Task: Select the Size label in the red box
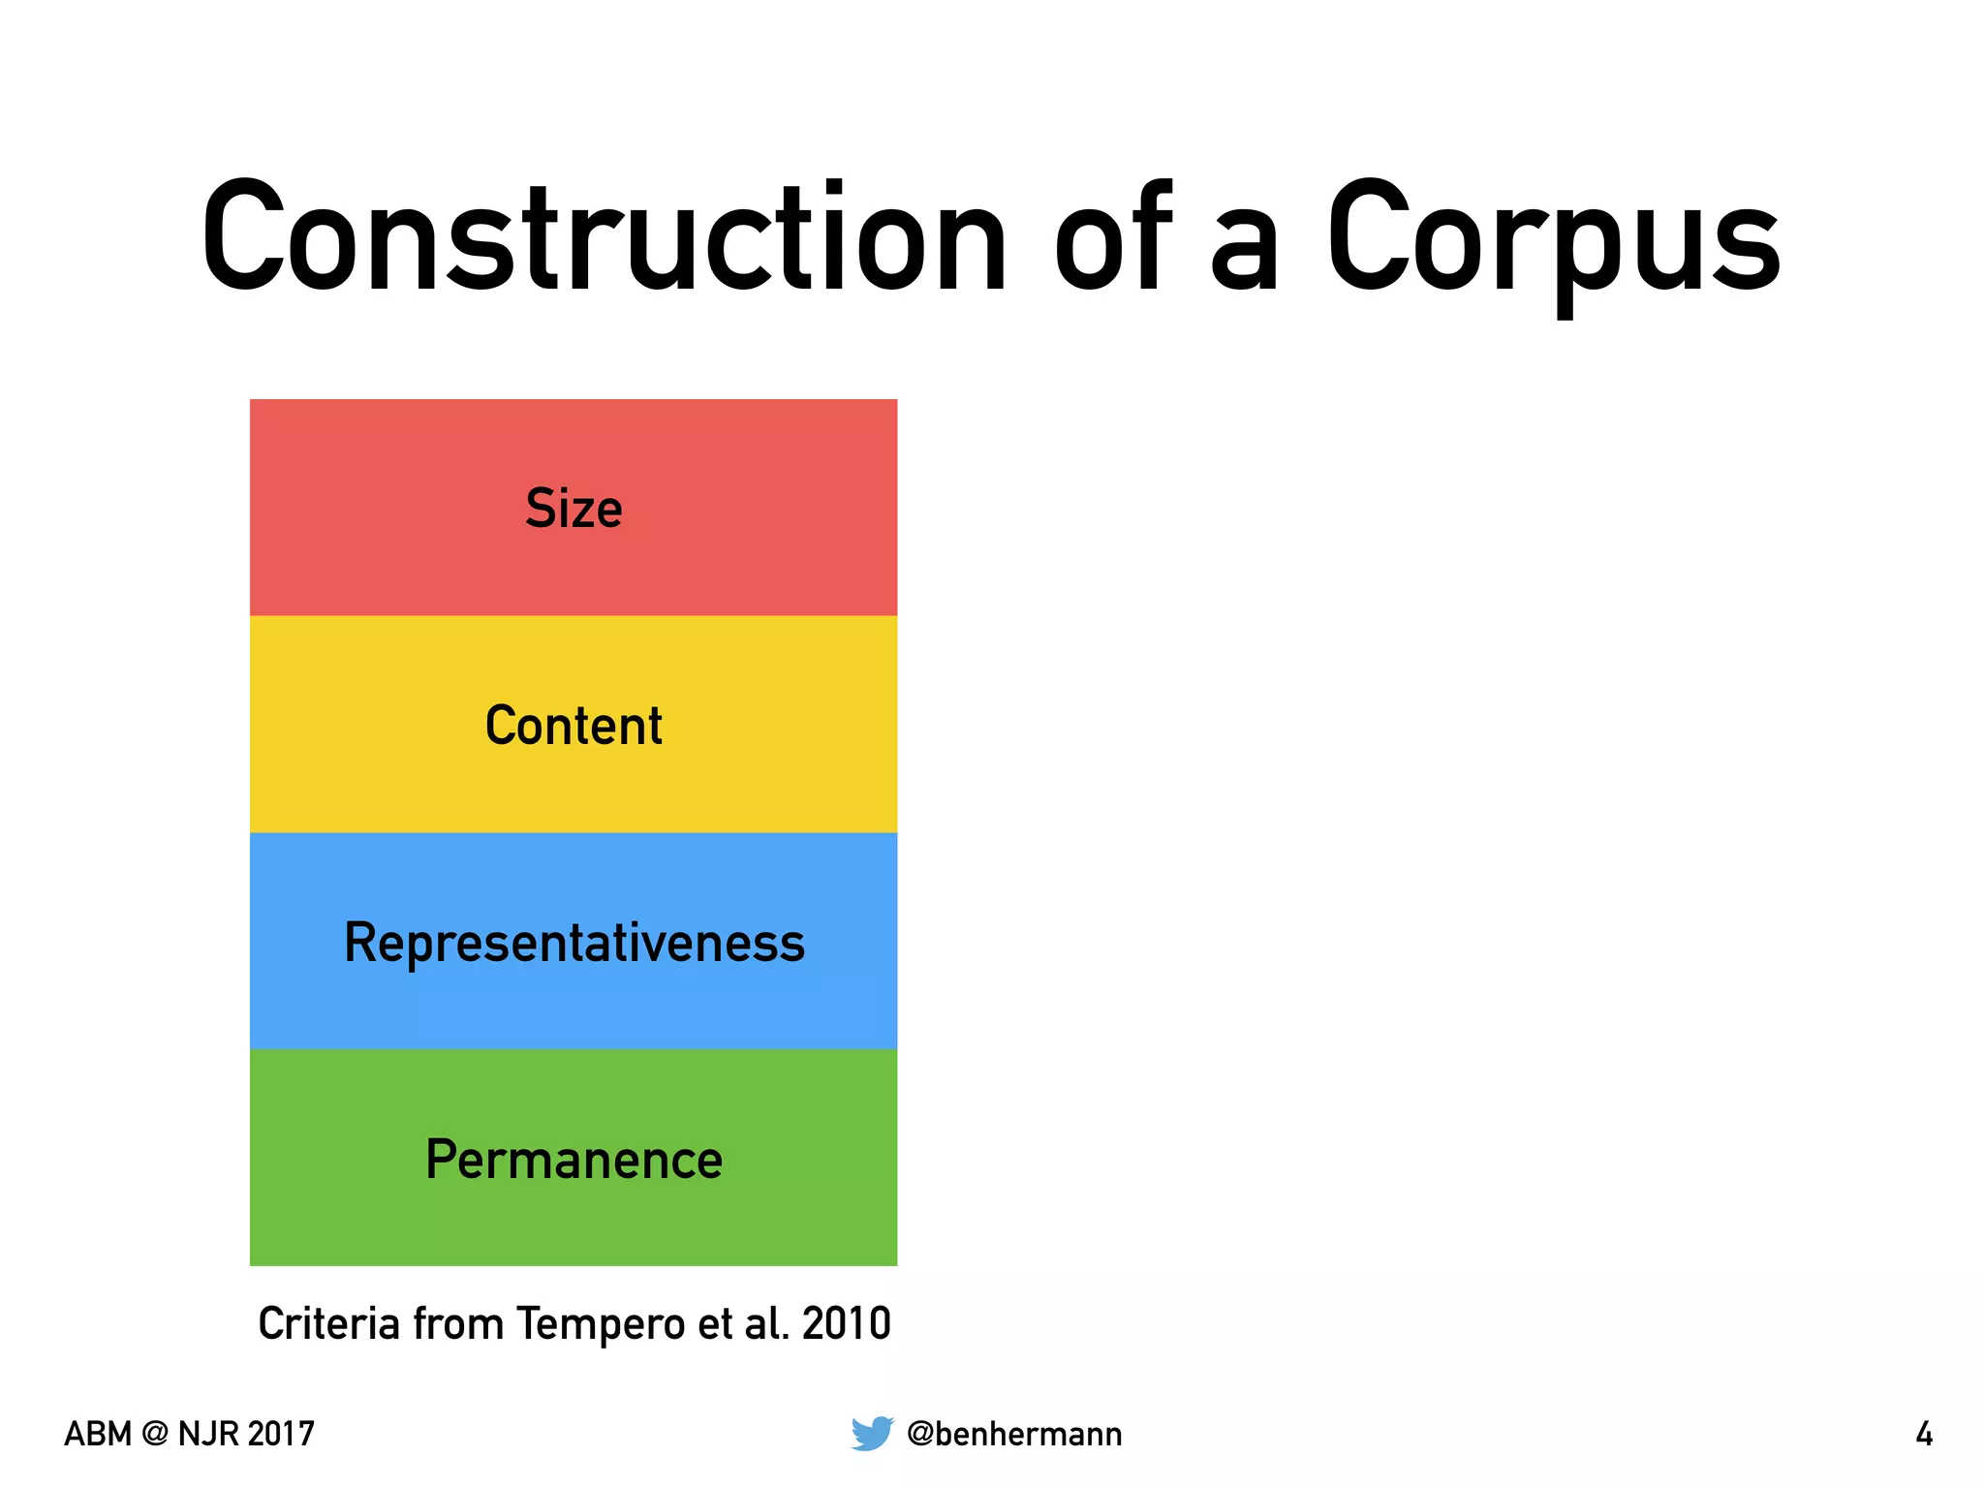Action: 573,509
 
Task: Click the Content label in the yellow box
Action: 573,726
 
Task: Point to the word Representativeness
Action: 574,943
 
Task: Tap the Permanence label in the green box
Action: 573,1160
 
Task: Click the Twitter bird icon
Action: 872,1433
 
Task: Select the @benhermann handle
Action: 1014,1434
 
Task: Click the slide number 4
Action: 1924,1434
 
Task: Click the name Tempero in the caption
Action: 601,1323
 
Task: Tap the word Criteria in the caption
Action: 329,1323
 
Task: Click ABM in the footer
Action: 98,1434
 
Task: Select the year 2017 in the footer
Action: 280,1434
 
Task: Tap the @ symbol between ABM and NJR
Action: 154,1434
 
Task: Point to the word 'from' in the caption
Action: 458,1323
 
